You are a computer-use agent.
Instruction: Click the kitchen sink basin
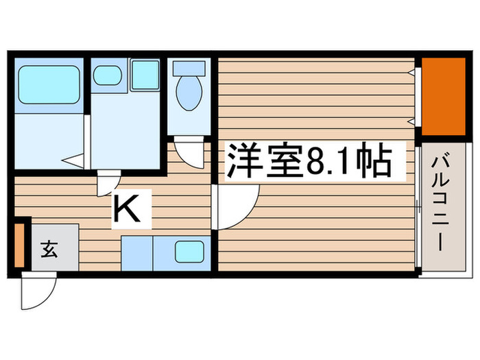(x=189, y=253)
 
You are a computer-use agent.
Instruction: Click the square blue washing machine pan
(x=145, y=75)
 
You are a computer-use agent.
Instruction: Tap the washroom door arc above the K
(x=107, y=182)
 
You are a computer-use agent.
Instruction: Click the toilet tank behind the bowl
(x=188, y=69)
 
